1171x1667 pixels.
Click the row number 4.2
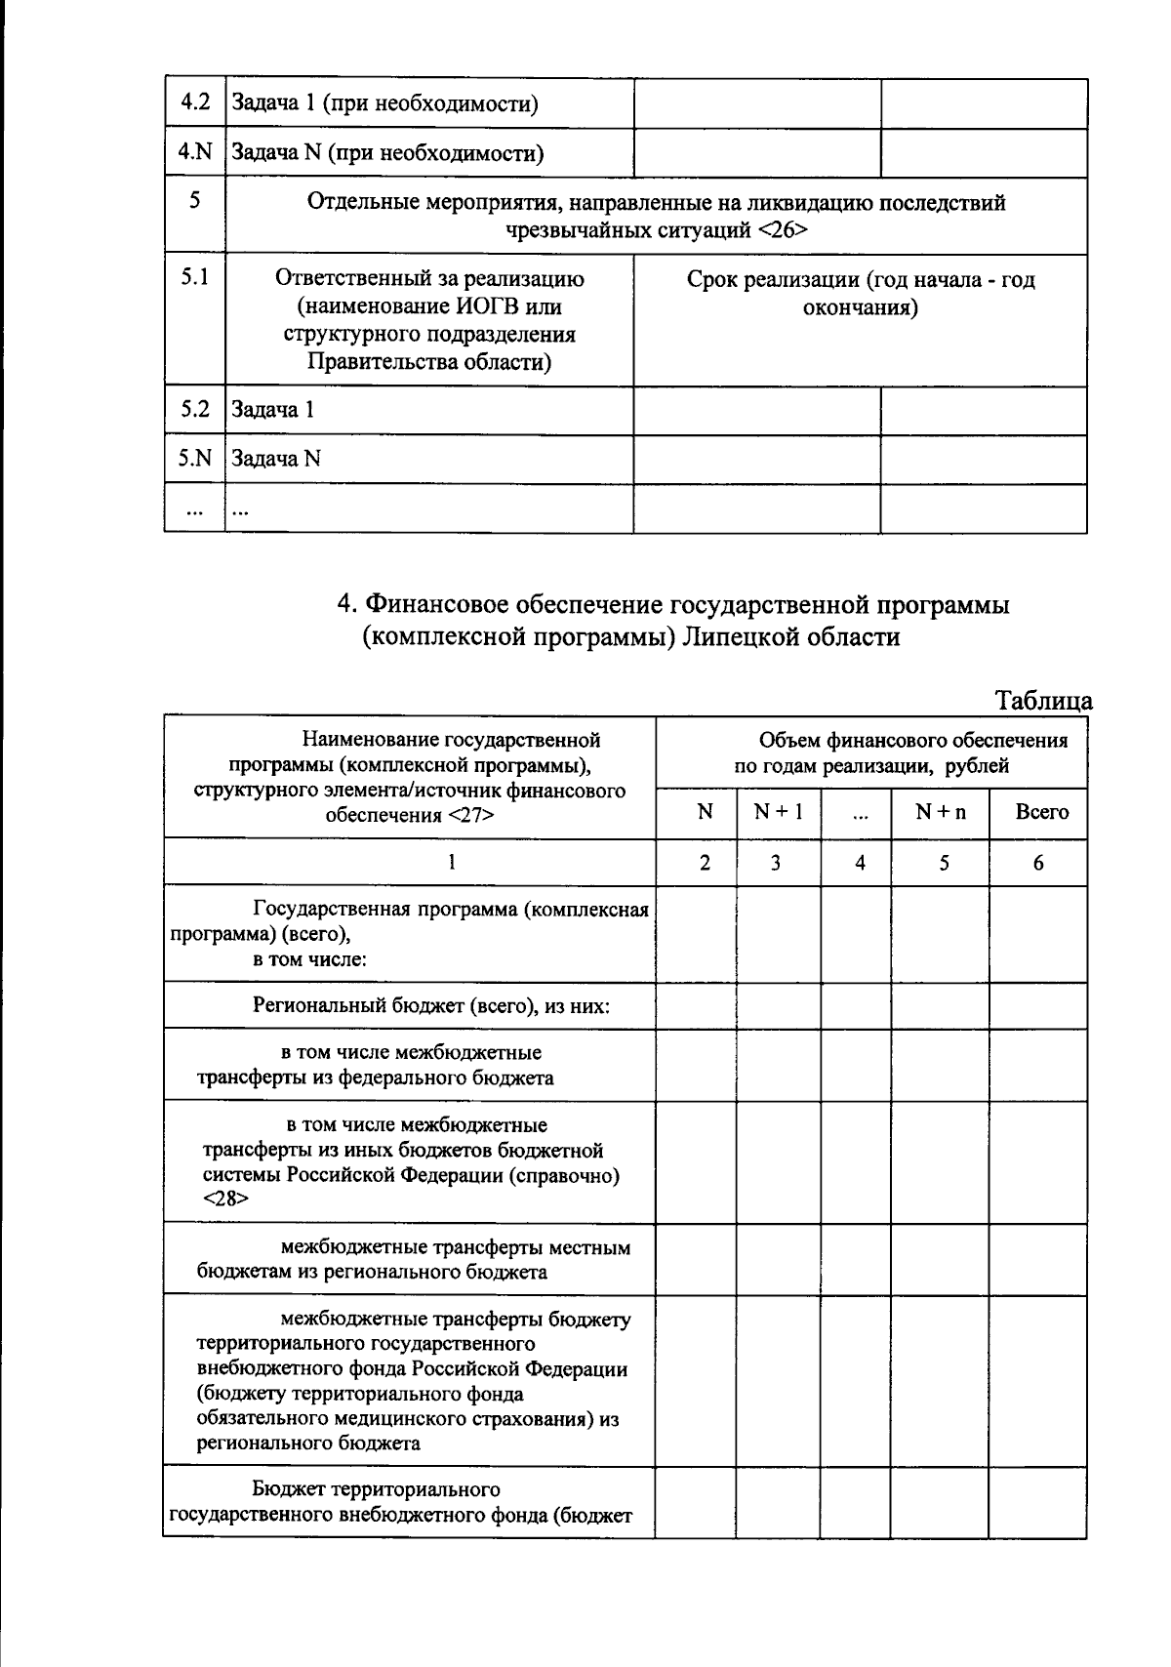tap(195, 102)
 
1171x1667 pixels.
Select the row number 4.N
tap(195, 152)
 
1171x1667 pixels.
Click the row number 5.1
tap(195, 277)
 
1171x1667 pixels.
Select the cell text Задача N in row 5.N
tap(276, 459)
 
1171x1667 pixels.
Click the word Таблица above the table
tap(1042, 701)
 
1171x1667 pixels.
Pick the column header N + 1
tap(778, 812)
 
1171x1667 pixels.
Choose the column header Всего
tap(1041, 812)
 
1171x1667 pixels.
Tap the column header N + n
tap(940, 812)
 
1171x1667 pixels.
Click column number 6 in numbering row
tap(1038, 863)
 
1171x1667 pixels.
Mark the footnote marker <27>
tap(471, 815)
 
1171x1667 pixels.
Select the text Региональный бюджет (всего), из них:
tap(431, 1005)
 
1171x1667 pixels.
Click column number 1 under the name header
tap(451, 863)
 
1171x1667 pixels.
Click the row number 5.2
tap(195, 409)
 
